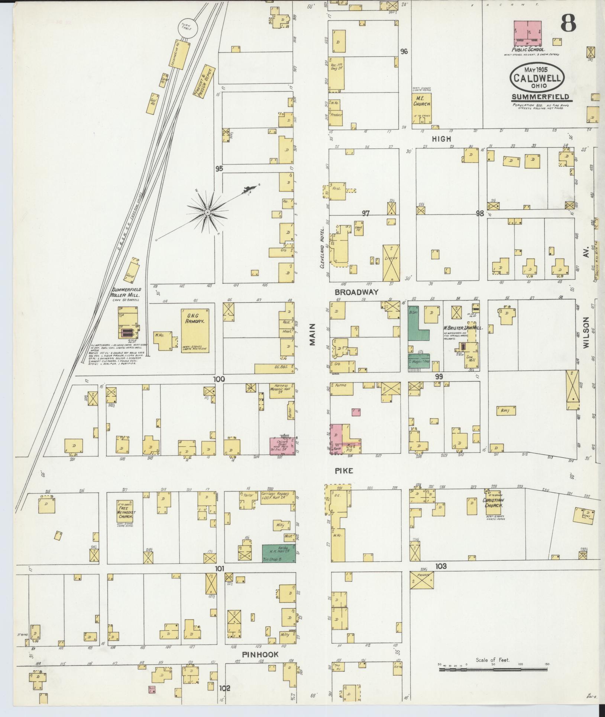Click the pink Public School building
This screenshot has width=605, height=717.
coord(527,33)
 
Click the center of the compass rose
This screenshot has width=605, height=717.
coord(207,212)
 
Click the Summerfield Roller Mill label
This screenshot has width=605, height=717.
coord(127,292)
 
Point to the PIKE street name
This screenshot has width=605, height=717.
coord(344,471)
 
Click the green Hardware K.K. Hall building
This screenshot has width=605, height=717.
coord(279,553)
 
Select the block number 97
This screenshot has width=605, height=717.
coord(366,213)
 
